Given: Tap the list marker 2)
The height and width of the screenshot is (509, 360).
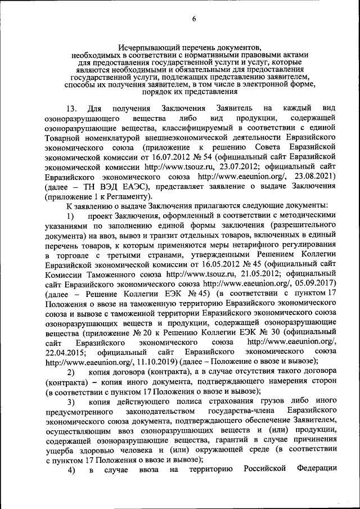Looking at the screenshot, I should pyautogui.click(x=71, y=372).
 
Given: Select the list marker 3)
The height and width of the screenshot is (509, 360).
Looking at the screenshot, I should pyautogui.click(x=71, y=402).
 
